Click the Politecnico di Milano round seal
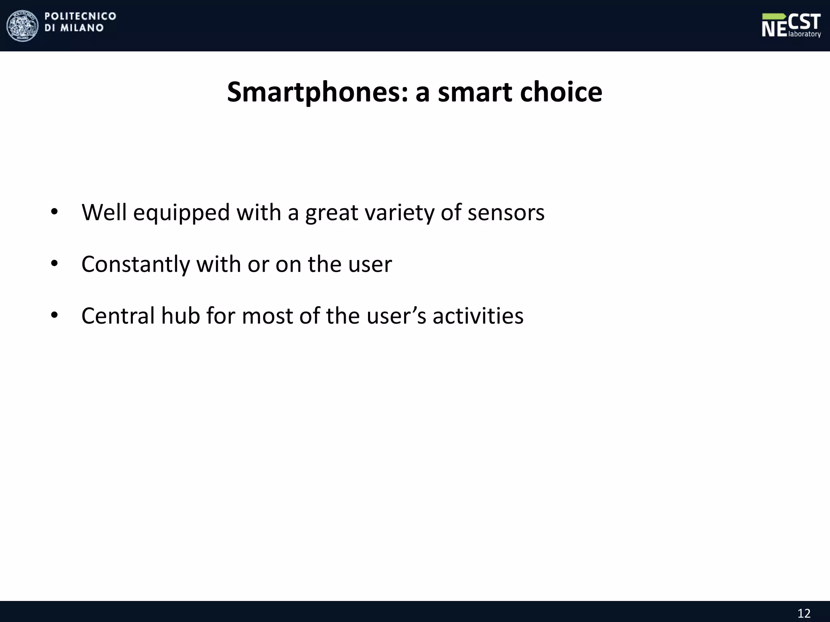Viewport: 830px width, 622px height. (x=22, y=26)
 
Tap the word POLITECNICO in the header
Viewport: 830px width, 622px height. (x=80, y=16)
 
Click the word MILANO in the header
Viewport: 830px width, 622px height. (x=82, y=28)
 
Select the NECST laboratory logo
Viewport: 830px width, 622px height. (x=791, y=26)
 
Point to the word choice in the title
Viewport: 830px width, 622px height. (x=561, y=92)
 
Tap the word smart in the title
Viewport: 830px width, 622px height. (x=475, y=92)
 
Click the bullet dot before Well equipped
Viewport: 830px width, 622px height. (x=54, y=212)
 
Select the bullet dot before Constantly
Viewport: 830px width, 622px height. (x=54, y=264)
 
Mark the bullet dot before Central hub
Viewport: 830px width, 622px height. (x=54, y=315)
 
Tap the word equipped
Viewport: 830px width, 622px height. (x=181, y=213)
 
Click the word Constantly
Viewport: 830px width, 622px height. (x=135, y=264)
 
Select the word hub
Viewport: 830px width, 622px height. (x=180, y=316)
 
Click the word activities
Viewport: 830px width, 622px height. (x=478, y=316)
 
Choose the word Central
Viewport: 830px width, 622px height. (x=118, y=316)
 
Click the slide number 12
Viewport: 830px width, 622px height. (x=804, y=613)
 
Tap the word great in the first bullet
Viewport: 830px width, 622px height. (x=332, y=213)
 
